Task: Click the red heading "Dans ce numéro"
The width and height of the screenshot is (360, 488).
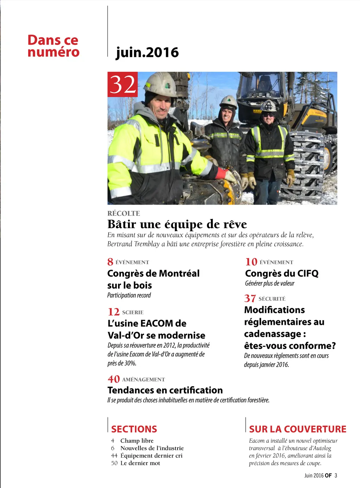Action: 53,46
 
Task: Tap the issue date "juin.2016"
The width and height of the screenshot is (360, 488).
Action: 147,52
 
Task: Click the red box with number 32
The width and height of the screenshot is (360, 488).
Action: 122,84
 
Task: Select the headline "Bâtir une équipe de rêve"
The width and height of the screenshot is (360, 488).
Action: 177,224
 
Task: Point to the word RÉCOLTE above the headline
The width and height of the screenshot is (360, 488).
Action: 124,213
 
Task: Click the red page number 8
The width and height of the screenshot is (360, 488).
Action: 110,262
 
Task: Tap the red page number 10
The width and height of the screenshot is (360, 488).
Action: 251,262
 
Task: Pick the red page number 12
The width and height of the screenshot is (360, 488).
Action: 114,312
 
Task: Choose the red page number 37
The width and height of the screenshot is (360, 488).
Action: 250,298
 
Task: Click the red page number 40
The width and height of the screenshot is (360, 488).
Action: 114,379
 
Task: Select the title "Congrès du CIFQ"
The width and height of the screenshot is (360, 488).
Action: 282,273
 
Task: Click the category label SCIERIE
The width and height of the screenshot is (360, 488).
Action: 133,312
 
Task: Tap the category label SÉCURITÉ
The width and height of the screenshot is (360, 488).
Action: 272,299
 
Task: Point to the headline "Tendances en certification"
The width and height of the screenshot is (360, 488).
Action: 165,390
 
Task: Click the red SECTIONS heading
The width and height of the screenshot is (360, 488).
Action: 134,429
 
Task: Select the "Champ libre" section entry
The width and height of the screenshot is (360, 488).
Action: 137,441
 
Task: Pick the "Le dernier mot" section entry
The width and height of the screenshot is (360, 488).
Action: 140,463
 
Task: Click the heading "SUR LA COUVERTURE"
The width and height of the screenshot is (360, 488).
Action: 298,429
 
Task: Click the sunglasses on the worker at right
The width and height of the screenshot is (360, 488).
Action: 268,115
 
